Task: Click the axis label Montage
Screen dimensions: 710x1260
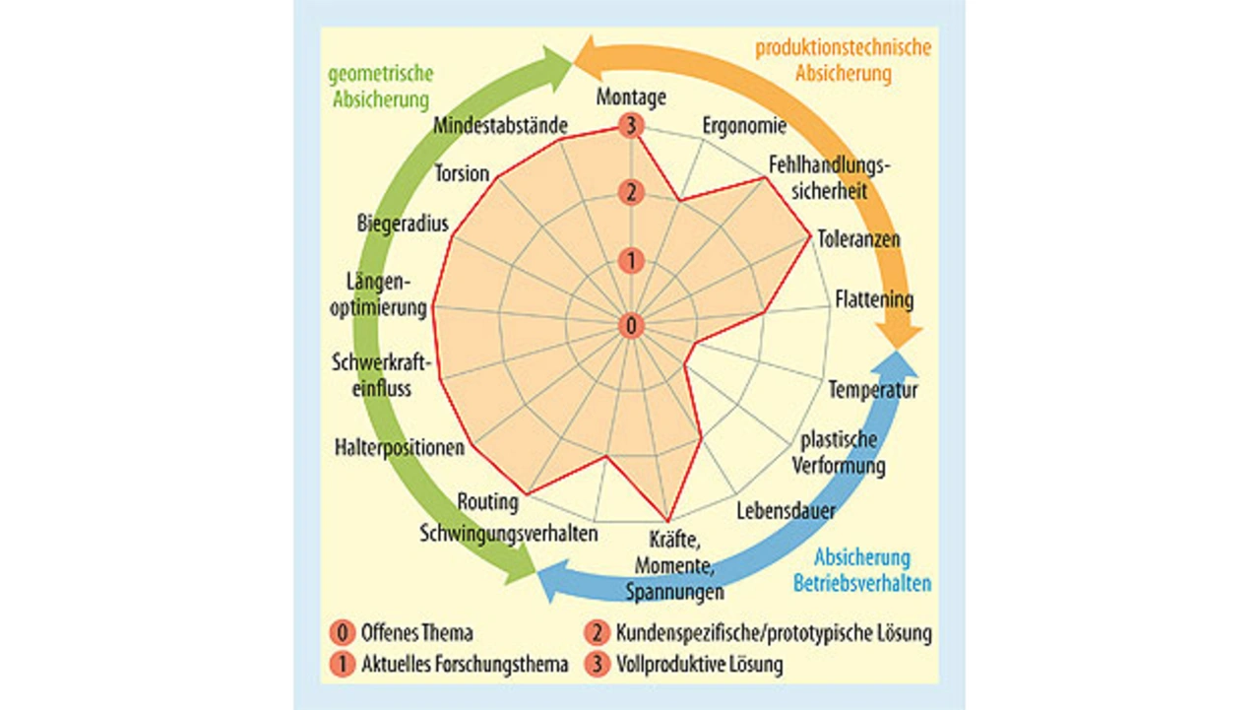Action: tap(631, 97)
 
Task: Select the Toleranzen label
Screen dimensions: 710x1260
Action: tap(858, 239)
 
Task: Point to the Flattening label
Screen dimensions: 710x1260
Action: tap(874, 298)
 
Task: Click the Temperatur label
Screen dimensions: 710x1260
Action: tap(872, 390)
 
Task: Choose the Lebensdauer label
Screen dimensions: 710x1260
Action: tap(787, 511)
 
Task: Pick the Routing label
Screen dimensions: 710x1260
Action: tap(487, 502)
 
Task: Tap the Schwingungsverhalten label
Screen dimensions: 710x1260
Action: tap(509, 534)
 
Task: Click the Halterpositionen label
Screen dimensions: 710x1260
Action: tap(399, 448)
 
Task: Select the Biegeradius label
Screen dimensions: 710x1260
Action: tap(403, 224)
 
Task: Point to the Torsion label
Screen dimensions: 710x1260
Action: tap(462, 174)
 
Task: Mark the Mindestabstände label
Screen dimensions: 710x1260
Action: tap(500, 126)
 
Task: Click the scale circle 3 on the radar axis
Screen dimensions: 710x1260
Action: tap(631, 126)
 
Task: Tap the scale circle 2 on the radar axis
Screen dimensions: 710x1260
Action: tap(631, 193)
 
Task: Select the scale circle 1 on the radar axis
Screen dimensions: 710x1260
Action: tap(631, 261)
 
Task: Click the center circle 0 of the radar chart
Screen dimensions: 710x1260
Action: tap(631, 325)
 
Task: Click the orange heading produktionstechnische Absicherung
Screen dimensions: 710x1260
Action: tap(843, 60)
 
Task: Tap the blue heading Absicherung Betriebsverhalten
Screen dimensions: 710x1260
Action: tap(862, 571)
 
